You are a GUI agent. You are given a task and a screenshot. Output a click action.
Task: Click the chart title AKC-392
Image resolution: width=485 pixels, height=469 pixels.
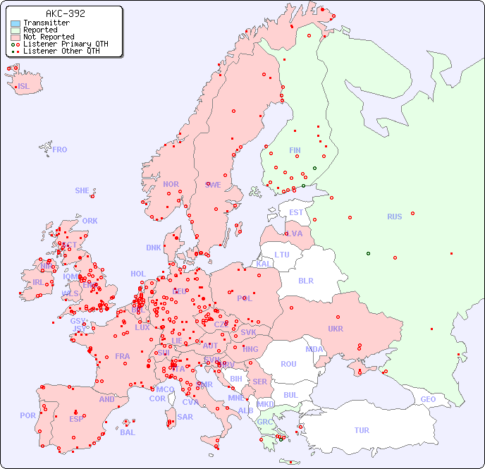[65, 13]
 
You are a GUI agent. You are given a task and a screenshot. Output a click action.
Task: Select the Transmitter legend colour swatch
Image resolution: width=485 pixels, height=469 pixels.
[16, 23]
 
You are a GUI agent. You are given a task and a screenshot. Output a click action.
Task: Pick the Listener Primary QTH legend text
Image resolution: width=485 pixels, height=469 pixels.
[66, 44]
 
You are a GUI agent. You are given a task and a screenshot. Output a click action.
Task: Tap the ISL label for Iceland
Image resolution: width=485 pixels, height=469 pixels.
[24, 87]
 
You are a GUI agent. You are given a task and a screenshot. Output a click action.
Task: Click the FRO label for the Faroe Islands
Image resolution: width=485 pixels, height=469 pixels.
[60, 150]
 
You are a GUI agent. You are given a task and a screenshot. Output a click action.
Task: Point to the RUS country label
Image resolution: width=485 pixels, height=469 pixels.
[394, 217]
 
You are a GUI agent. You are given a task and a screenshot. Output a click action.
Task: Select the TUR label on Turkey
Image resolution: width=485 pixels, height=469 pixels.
[362, 430]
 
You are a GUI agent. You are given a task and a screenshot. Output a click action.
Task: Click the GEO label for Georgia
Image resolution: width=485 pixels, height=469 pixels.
[428, 399]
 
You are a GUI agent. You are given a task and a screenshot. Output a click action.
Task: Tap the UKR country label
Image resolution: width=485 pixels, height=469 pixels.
[336, 329]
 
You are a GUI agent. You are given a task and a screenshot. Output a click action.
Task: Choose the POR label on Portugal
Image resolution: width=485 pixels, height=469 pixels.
[27, 415]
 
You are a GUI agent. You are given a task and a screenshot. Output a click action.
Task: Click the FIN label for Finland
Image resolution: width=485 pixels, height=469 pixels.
[295, 150]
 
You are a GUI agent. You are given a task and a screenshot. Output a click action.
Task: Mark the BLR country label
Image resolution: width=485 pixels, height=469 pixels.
[305, 280]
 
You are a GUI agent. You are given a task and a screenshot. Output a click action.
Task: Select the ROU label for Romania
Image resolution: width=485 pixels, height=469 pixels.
[288, 364]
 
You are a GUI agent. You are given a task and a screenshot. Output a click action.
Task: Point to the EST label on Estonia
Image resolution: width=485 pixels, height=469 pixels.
[296, 212]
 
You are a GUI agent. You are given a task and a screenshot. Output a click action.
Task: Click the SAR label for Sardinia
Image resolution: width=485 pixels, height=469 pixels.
[185, 416]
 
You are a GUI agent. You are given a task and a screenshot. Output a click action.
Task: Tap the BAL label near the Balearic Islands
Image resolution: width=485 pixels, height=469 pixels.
[128, 432]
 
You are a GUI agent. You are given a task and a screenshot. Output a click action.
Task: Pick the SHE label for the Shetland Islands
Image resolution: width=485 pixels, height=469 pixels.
[82, 190]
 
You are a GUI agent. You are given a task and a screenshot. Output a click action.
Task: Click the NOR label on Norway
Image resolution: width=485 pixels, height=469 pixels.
[171, 184]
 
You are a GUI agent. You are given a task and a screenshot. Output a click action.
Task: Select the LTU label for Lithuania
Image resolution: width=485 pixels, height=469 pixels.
[282, 255]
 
